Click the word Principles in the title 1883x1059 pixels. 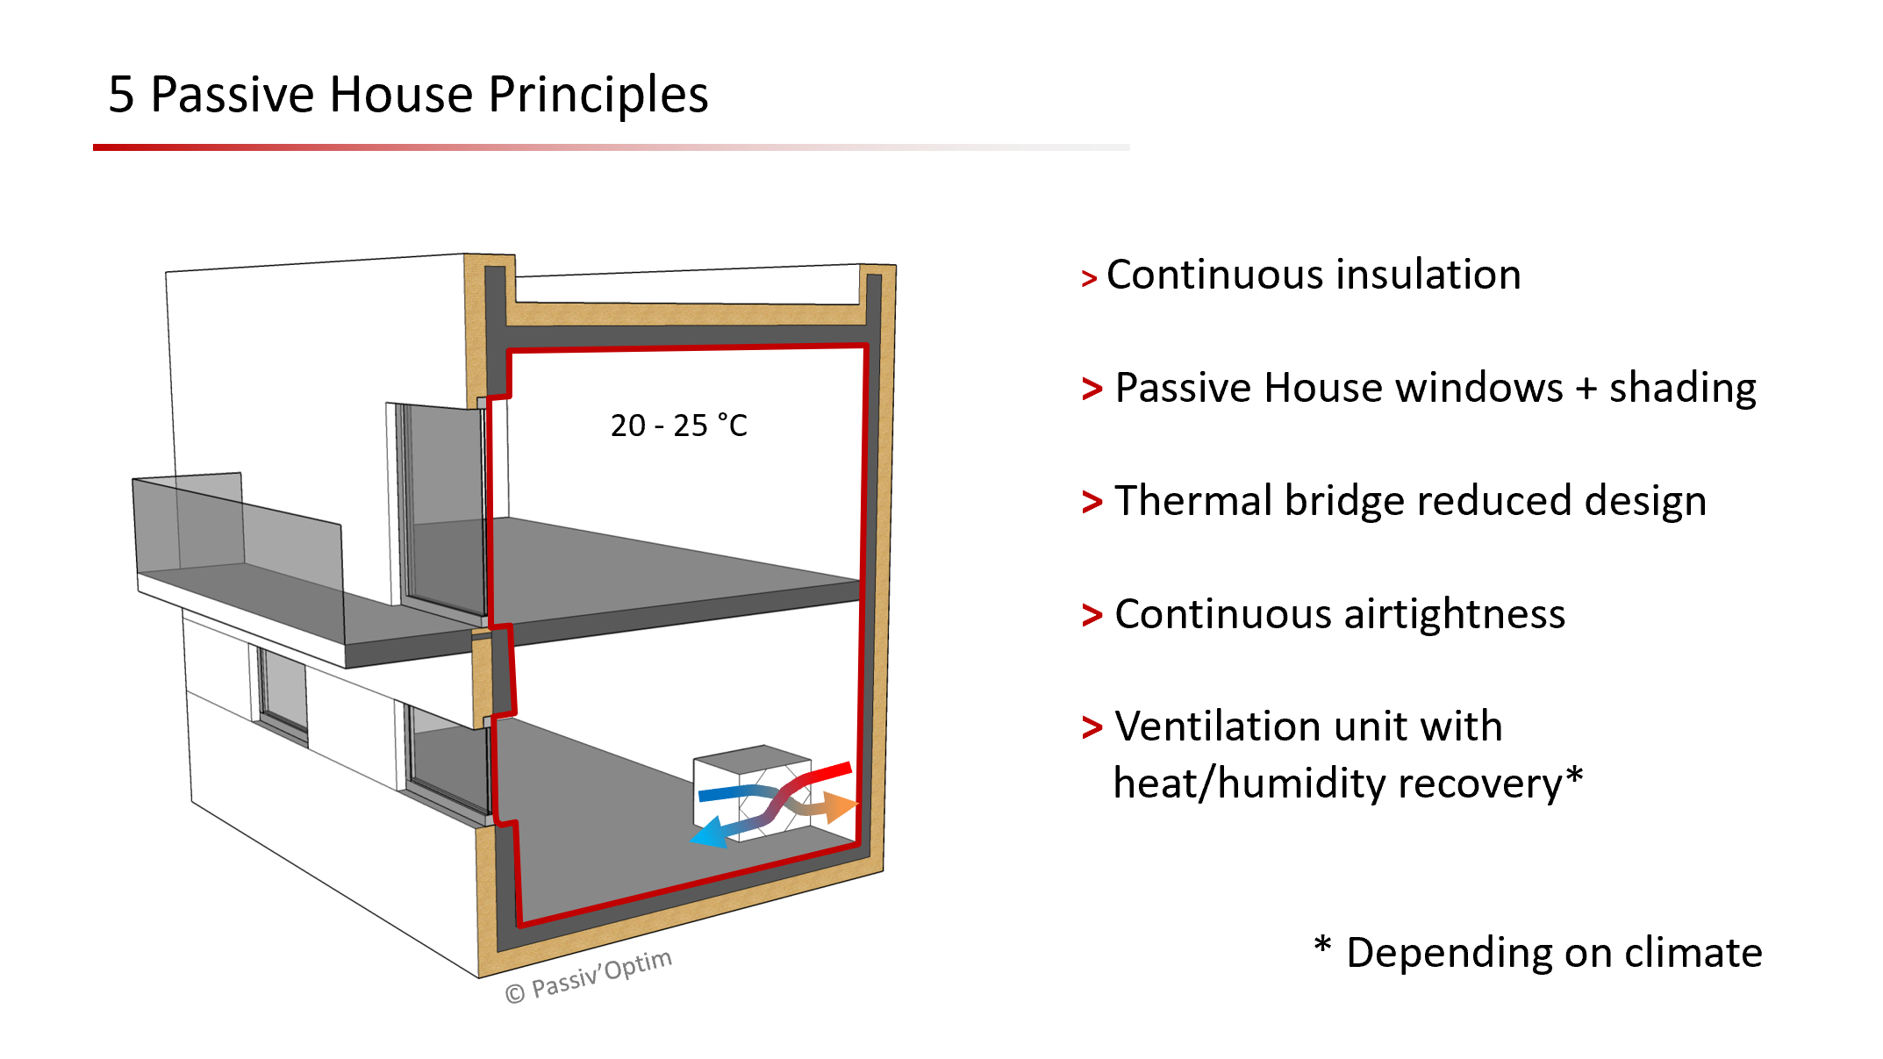coord(598,95)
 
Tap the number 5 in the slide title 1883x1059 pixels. coord(121,95)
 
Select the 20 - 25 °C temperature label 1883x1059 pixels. coord(678,426)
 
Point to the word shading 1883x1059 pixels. coord(1682,388)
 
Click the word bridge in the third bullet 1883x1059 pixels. coord(1344,501)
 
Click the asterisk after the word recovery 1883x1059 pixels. coord(1574,776)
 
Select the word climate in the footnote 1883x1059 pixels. coord(1693,953)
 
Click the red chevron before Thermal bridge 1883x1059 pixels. coord(1092,503)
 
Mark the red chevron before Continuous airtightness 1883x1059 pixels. coord(1092,615)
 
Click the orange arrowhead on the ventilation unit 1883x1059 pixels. coord(841,806)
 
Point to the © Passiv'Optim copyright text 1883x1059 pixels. coord(588,976)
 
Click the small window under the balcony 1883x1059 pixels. coord(283,690)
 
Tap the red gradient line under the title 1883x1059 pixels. coord(439,147)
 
